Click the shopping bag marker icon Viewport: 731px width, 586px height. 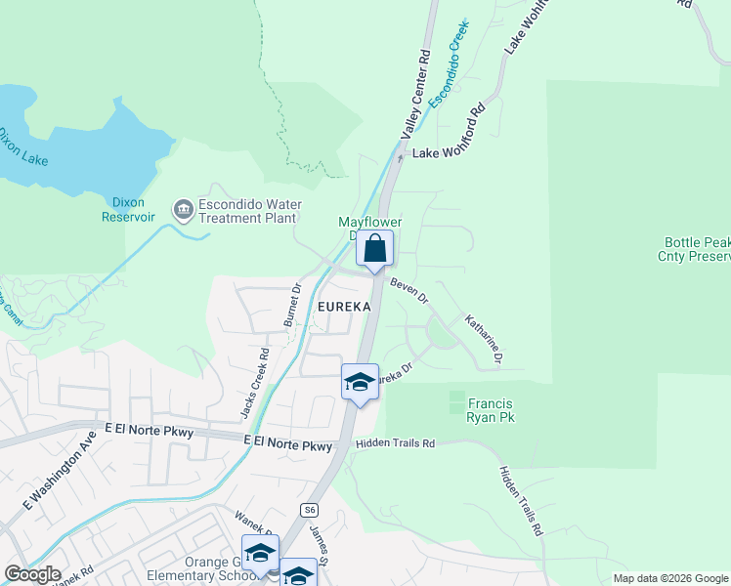point(374,249)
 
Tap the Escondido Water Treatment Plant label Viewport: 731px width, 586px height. point(247,212)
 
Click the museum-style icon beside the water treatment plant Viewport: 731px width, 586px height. point(183,209)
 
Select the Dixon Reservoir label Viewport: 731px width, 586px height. point(128,209)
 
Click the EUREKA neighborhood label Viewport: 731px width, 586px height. point(344,307)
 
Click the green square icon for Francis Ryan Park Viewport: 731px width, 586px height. point(456,401)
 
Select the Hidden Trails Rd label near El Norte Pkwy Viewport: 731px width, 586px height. point(395,443)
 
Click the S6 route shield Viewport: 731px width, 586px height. point(309,509)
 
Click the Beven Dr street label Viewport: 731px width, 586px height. point(409,290)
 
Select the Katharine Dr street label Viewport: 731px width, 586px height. point(483,339)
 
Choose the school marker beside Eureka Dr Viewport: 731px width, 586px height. point(360,382)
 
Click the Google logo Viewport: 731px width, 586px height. point(32,574)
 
